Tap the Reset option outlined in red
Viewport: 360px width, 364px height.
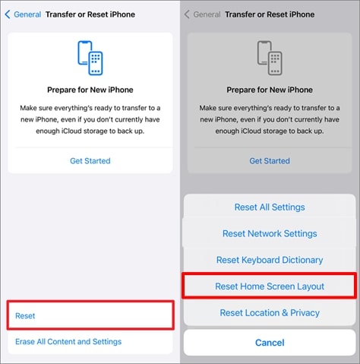(x=25, y=315)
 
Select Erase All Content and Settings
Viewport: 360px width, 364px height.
(x=68, y=341)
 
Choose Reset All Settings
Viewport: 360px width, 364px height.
(x=270, y=207)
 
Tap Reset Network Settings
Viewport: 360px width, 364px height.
(x=270, y=233)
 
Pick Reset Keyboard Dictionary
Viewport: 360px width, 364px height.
(x=270, y=260)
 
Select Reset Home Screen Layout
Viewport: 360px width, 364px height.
(x=270, y=286)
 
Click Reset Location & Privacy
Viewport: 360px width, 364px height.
(x=270, y=312)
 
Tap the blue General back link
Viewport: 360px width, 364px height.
(x=27, y=14)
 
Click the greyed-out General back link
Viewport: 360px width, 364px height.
(x=207, y=14)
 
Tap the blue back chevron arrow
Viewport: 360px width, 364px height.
(x=8, y=14)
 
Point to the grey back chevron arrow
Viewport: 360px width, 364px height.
(x=187, y=14)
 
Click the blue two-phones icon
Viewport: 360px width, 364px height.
(x=90, y=58)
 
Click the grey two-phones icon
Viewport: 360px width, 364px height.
(x=270, y=58)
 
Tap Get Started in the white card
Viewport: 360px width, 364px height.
(x=90, y=161)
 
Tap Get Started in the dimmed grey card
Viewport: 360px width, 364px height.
(x=270, y=161)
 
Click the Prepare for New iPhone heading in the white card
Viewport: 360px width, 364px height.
(x=90, y=90)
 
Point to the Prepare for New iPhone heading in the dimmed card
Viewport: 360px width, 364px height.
(x=270, y=90)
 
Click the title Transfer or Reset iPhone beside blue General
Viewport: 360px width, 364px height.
(x=90, y=14)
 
